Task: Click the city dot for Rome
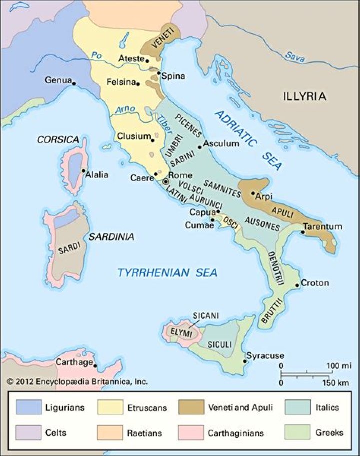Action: (x=166, y=182)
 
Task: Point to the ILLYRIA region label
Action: (x=304, y=96)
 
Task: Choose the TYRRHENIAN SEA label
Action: (x=167, y=272)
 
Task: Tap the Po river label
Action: (x=97, y=56)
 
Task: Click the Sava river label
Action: (x=294, y=56)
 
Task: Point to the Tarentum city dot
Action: (x=302, y=232)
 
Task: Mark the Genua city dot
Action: (x=73, y=83)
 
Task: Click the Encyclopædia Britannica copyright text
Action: (x=77, y=381)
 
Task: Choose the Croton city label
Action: (x=315, y=283)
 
